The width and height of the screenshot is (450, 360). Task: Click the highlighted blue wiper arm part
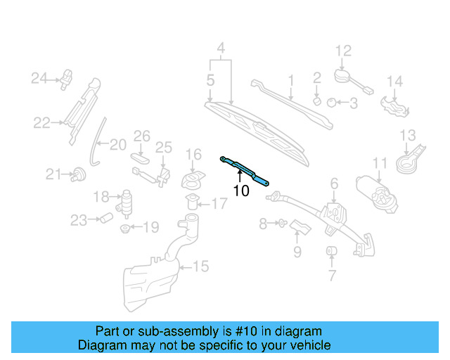pyautogui.click(x=245, y=171)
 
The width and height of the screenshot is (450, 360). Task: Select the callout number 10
pyautogui.click(x=240, y=191)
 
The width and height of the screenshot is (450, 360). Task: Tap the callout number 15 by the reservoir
pyautogui.click(x=201, y=266)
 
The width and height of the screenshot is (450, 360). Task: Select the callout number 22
pyautogui.click(x=41, y=123)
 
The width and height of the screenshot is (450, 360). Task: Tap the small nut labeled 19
pyautogui.click(x=125, y=228)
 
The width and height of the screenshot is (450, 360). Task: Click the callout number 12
pyautogui.click(x=342, y=50)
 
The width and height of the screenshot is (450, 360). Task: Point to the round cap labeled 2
pyautogui.click(x=316, y=100)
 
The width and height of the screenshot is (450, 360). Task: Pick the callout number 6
pyautogui.click(x=334, y=184)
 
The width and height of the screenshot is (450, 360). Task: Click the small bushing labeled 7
pyautogui.click(x=330, y=252)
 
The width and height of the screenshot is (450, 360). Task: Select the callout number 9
pyautogui.click(x=297, y=251)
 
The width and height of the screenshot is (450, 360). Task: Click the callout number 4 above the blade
pyautogui.click(x=221, y=49)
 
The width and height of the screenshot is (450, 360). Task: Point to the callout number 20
pyautogui.click(x=117, y=145)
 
